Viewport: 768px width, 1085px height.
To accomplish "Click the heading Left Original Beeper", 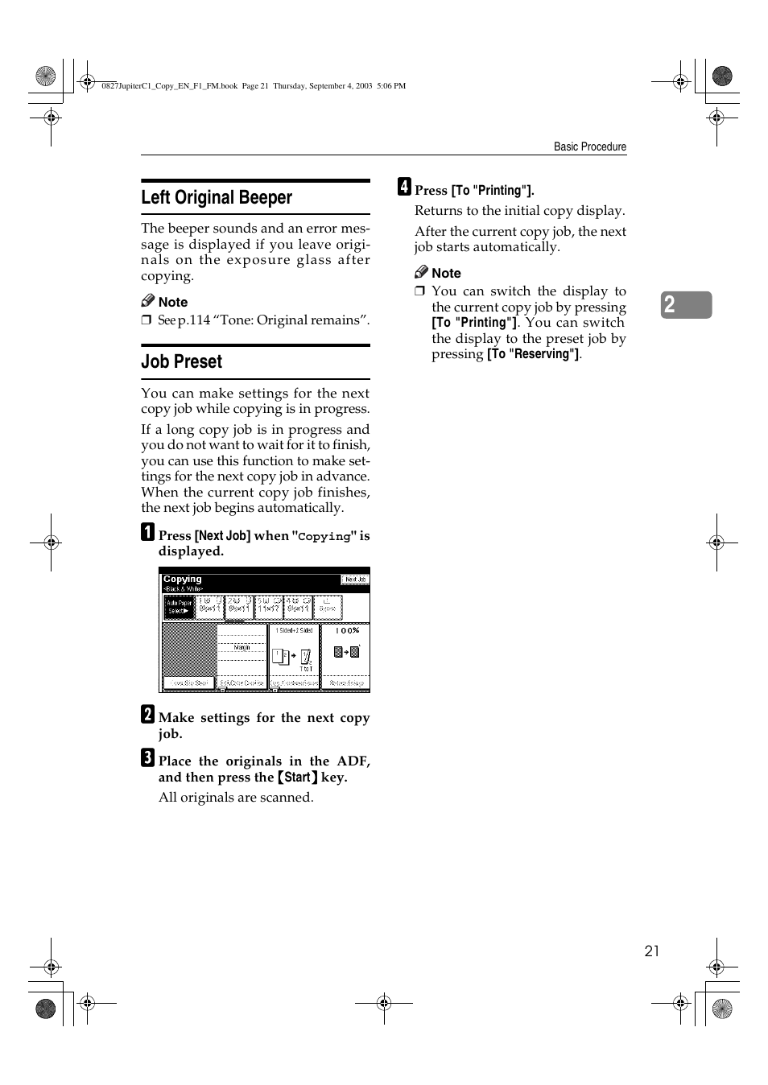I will [217, 198].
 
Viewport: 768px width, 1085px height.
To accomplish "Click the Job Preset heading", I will [181, 362].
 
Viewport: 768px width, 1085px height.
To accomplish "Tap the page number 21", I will [651, 951].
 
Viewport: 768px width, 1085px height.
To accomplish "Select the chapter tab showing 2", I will [686, 305].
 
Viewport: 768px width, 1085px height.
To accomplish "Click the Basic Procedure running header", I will [589, 147].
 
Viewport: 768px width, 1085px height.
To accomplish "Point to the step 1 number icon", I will [148, 532].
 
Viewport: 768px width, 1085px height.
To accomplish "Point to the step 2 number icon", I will [148, 714].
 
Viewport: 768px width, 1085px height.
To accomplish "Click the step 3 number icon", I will [148, 757].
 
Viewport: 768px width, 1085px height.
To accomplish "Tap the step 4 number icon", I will [404, 187].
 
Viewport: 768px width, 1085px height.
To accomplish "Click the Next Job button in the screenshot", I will [354, 580].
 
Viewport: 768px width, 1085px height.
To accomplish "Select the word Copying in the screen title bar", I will [183, 579].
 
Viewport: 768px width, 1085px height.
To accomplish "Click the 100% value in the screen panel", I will [347, 631].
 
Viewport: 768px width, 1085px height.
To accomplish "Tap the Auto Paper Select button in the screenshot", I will [179, 607].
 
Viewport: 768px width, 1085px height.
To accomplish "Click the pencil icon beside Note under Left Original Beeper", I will [147, 301].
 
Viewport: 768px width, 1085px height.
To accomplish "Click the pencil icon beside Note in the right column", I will [421, 272].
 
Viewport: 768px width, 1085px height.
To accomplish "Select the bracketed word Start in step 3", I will [297, 778].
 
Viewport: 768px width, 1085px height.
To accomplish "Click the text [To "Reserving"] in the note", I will [533, 354].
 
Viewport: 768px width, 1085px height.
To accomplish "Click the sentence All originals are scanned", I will [236, 798].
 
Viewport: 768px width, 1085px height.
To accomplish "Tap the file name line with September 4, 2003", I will [254, 86].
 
